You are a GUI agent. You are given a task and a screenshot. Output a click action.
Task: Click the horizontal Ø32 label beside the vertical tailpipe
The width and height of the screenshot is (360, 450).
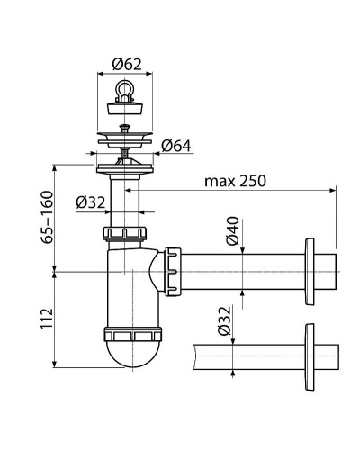pos(91,202)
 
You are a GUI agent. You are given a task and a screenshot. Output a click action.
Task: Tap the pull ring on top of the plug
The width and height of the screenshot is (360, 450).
pos(124,91)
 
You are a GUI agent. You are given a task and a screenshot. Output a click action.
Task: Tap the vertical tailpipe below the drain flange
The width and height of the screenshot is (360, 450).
pos(125,202)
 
